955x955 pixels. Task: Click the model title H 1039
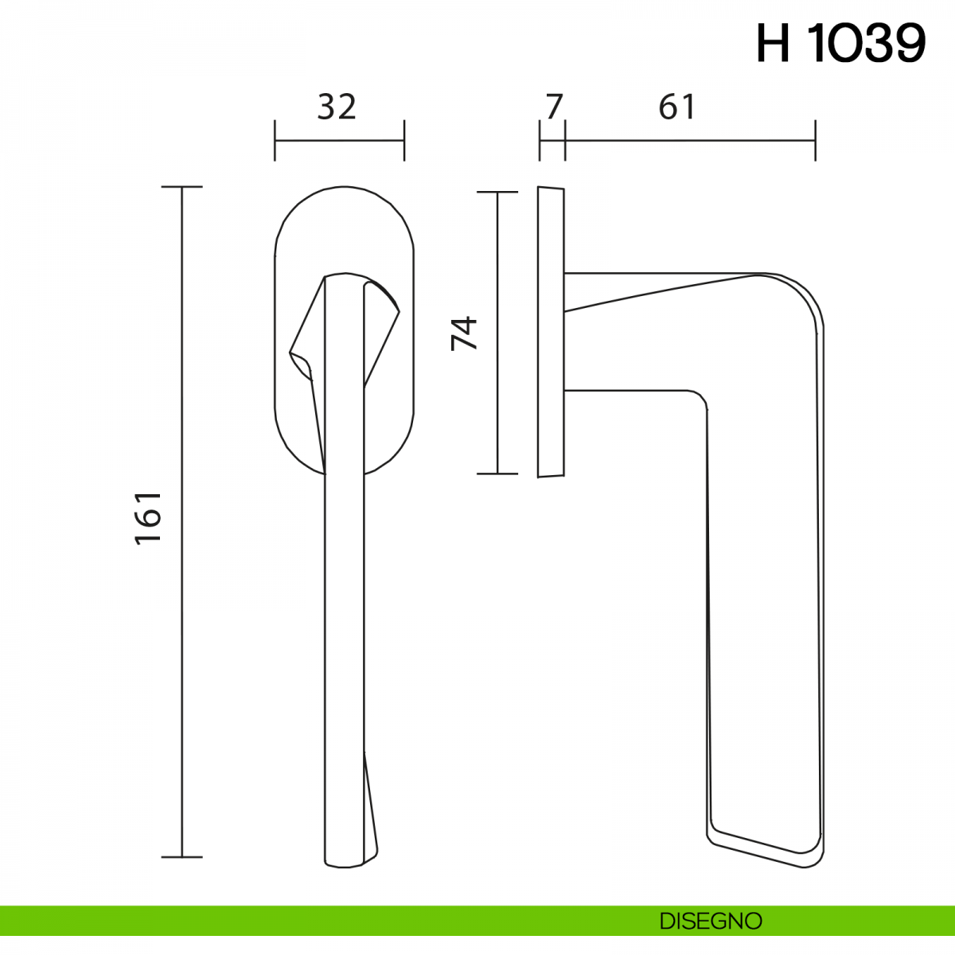point(841,45)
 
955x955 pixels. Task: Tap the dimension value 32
point(337,107)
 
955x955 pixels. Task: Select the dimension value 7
point(555,107)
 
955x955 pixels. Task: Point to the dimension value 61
point(677,107)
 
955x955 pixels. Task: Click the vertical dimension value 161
point(148,519)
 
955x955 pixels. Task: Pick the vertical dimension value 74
point(464,333)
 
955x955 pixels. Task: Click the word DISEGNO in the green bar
point(711,921)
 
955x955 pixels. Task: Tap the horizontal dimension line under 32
point(340,140)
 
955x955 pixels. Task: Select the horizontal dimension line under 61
point(690,140)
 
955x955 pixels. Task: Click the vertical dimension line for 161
point(182,522)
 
